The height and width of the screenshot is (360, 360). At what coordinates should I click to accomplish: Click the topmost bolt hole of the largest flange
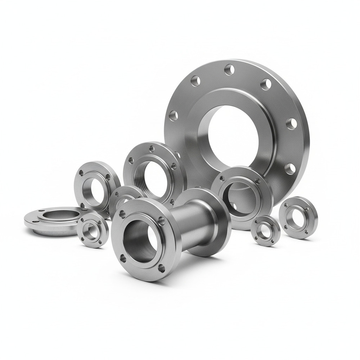(x=229, y=69)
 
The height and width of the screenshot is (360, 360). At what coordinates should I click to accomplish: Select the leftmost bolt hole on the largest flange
(x=173, y=116)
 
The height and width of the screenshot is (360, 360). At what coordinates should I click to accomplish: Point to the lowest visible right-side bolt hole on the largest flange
(x=290, y=168)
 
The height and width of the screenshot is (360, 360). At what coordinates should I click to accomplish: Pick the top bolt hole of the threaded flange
(x=152, y=148)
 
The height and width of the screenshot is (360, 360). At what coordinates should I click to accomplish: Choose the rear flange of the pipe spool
(x=212, y=220)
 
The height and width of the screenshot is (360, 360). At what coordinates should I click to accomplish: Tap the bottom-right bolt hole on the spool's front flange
(x=162, y=268)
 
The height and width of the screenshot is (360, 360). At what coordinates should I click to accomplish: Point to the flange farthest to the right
(x=298, y=217)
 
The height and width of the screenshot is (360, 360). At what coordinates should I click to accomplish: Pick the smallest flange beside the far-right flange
(x=265, y=231)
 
